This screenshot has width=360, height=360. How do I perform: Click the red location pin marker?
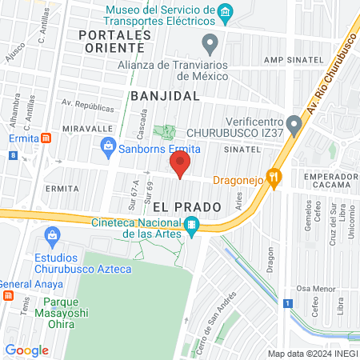point(180,166)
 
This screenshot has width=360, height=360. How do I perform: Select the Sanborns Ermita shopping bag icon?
point(107,146)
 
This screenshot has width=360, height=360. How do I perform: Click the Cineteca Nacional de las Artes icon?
point(191,226)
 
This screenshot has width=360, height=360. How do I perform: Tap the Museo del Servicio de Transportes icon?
point(226,12)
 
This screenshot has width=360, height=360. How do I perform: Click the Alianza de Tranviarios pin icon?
point(210,42)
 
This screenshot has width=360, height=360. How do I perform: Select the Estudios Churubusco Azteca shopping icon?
point(53,235)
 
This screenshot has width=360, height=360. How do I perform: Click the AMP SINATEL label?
point(295,60)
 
